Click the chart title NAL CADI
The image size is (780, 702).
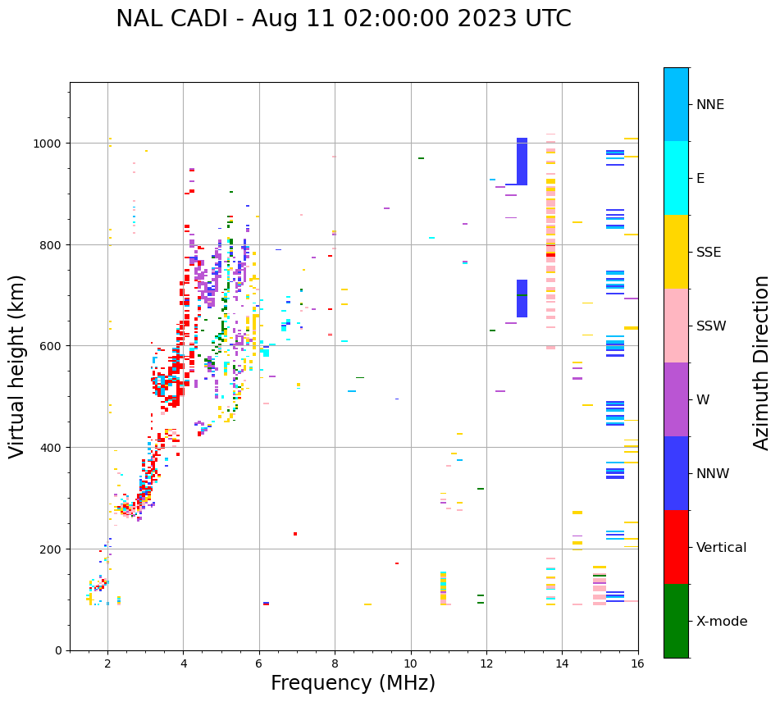tap(343, 19)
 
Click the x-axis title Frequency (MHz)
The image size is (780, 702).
tap(353, 683)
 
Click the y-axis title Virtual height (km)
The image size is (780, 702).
tap(17, 366)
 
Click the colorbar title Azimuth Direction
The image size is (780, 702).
tap(762, 362)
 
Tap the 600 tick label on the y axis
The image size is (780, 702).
tap(52, 346)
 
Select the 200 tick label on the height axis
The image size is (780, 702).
tap(52, 549)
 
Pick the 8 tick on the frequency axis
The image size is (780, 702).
tap(335, 663)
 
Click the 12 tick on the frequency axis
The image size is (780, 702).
tap(486, 663)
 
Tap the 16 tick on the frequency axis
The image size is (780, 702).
tap(637, 663)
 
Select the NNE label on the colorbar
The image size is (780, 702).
tap(710, 104)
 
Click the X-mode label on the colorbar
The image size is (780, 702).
tap(722, 621)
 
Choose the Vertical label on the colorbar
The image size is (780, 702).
tap(721, 547)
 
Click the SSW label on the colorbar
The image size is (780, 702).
tap(711, 326)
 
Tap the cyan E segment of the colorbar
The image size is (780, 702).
tap(676, 178)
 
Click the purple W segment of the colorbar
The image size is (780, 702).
tap(676, 399)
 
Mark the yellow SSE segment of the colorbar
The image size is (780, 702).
tap(676, 252)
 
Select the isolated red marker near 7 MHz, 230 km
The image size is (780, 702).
tap(295, 534)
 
